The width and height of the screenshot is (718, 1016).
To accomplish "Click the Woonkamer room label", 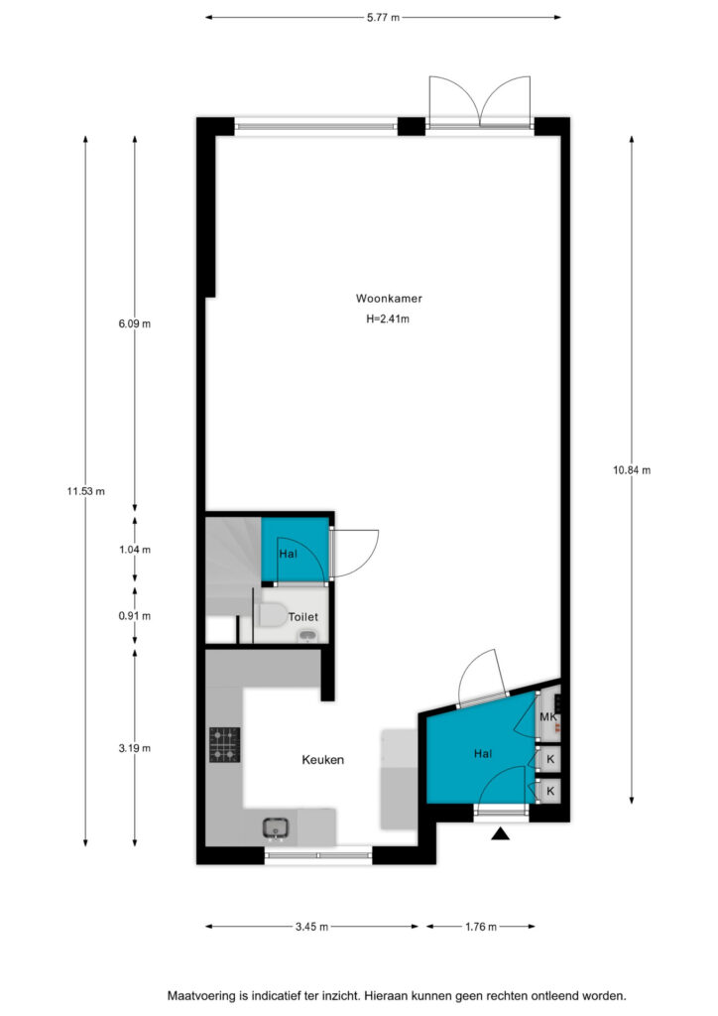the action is tap(389, 299).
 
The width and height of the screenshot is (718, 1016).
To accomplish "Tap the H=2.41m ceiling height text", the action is tap(388, 318).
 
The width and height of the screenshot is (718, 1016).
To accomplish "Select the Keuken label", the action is tap(322, 759).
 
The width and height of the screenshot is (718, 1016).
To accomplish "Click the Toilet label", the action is tap(303, 617).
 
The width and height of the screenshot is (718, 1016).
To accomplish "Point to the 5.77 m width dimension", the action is tap(383, 18).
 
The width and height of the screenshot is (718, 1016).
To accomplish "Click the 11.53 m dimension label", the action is tap(85, 491).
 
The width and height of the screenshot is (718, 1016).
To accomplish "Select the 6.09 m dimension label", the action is tap(135, 323).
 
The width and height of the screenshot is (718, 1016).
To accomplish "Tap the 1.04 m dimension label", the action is tap(135, 550).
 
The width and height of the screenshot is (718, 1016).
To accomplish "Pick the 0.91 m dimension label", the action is tap(135, 616).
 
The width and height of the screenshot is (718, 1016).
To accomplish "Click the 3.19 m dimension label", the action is tap(135, 748).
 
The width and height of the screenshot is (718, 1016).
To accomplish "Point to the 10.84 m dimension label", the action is tap(632, 470).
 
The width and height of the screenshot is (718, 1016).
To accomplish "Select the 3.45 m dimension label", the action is tap(312, 927).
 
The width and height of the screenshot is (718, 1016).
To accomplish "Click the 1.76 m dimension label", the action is tap(481, 927).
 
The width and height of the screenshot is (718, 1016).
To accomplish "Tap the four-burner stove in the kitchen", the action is tap(225, 744).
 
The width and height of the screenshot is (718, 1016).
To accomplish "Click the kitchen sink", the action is tap(276, 827).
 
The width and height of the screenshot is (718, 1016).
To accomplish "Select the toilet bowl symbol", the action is tap(273, 615).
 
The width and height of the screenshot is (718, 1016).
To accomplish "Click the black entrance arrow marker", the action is tap(500, 833).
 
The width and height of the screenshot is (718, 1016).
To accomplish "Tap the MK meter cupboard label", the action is tap(548, 717).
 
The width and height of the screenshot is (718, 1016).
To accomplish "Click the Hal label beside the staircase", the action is tap(289, 554).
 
